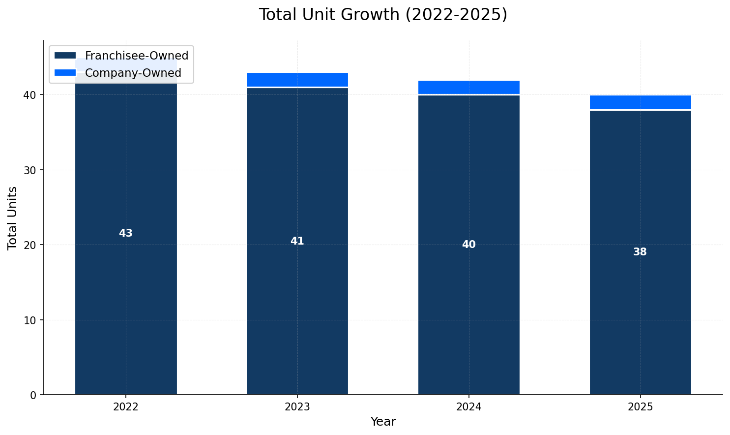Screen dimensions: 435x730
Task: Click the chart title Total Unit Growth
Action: [x=383, y=15]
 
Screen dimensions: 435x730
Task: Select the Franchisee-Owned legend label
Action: [x=136, y=56]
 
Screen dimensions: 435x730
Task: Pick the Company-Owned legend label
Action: [x=133, y=73]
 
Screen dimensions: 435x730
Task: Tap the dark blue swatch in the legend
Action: [x=65, y=56]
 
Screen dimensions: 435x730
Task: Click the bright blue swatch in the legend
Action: [x=65, y=73]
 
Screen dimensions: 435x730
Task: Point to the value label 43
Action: [x=126, y=233]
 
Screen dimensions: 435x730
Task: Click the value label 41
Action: [x=297, y=241]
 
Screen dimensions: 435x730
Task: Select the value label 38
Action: [x=640, y=252]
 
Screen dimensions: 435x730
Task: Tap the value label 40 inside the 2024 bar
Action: [x=468, y=245]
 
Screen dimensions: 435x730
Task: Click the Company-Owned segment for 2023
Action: [x=297, y=80]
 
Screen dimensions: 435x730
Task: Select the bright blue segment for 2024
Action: [x=468, y=87]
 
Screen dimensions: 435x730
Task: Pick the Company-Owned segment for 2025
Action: [x=640, y=102]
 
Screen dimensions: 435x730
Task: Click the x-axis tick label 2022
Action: [x=126, y=407]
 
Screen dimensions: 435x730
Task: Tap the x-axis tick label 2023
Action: [x=297, y=407]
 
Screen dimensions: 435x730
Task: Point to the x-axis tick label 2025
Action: [x=640, y=407]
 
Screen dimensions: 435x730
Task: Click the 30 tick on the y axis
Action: [x=30, y=170]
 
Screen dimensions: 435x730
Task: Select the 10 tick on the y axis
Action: [x=30, y=320]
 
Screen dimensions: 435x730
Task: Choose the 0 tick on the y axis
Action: [x=33, y=395]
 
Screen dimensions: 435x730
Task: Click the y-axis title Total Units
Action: [x=13, y=218]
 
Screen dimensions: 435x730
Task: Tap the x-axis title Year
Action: [x=383, y=422]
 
